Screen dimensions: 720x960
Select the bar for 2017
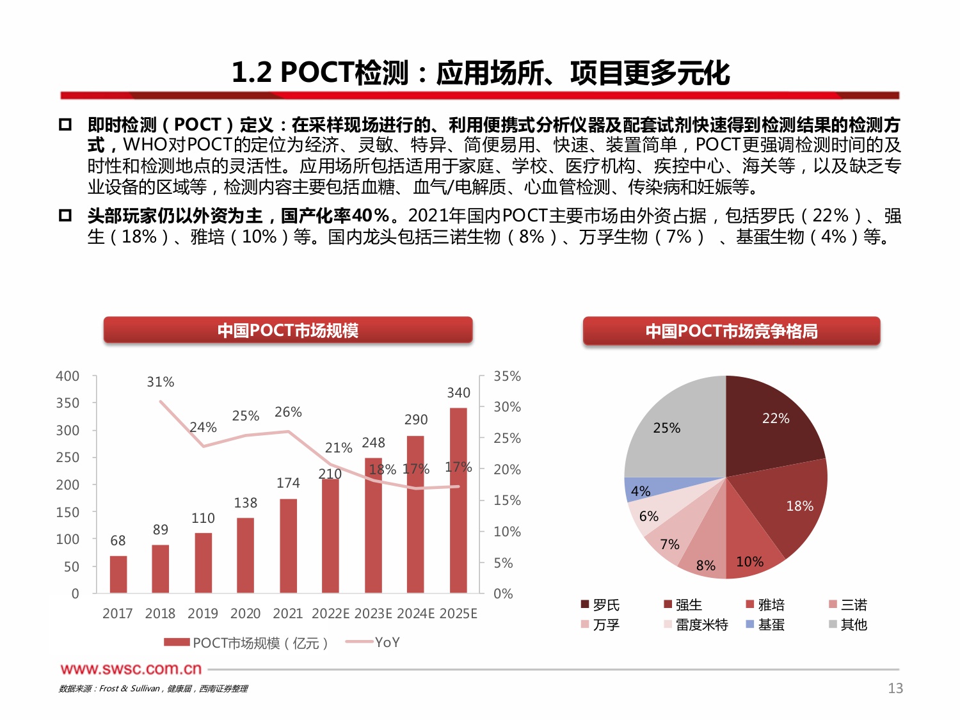click(118, 574)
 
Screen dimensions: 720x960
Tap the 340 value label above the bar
click(458, 392)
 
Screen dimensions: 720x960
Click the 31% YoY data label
click(160, 382)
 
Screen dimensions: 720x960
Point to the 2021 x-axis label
click(287, 613)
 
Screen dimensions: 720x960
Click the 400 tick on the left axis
click(68, 376)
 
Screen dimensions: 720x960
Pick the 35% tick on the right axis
click(507, 376)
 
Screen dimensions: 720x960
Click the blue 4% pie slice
click(640, 490)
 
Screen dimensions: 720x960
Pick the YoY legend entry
click(373, 642)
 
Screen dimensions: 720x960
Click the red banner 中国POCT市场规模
click(288, 330)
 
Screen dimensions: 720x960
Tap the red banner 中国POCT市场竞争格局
click(732, 331)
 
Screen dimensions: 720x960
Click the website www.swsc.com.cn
click(131, 669)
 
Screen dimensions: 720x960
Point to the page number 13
click(895, 688)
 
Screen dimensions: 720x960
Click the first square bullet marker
click(65, 124)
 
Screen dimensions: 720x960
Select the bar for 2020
click(245, 555)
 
